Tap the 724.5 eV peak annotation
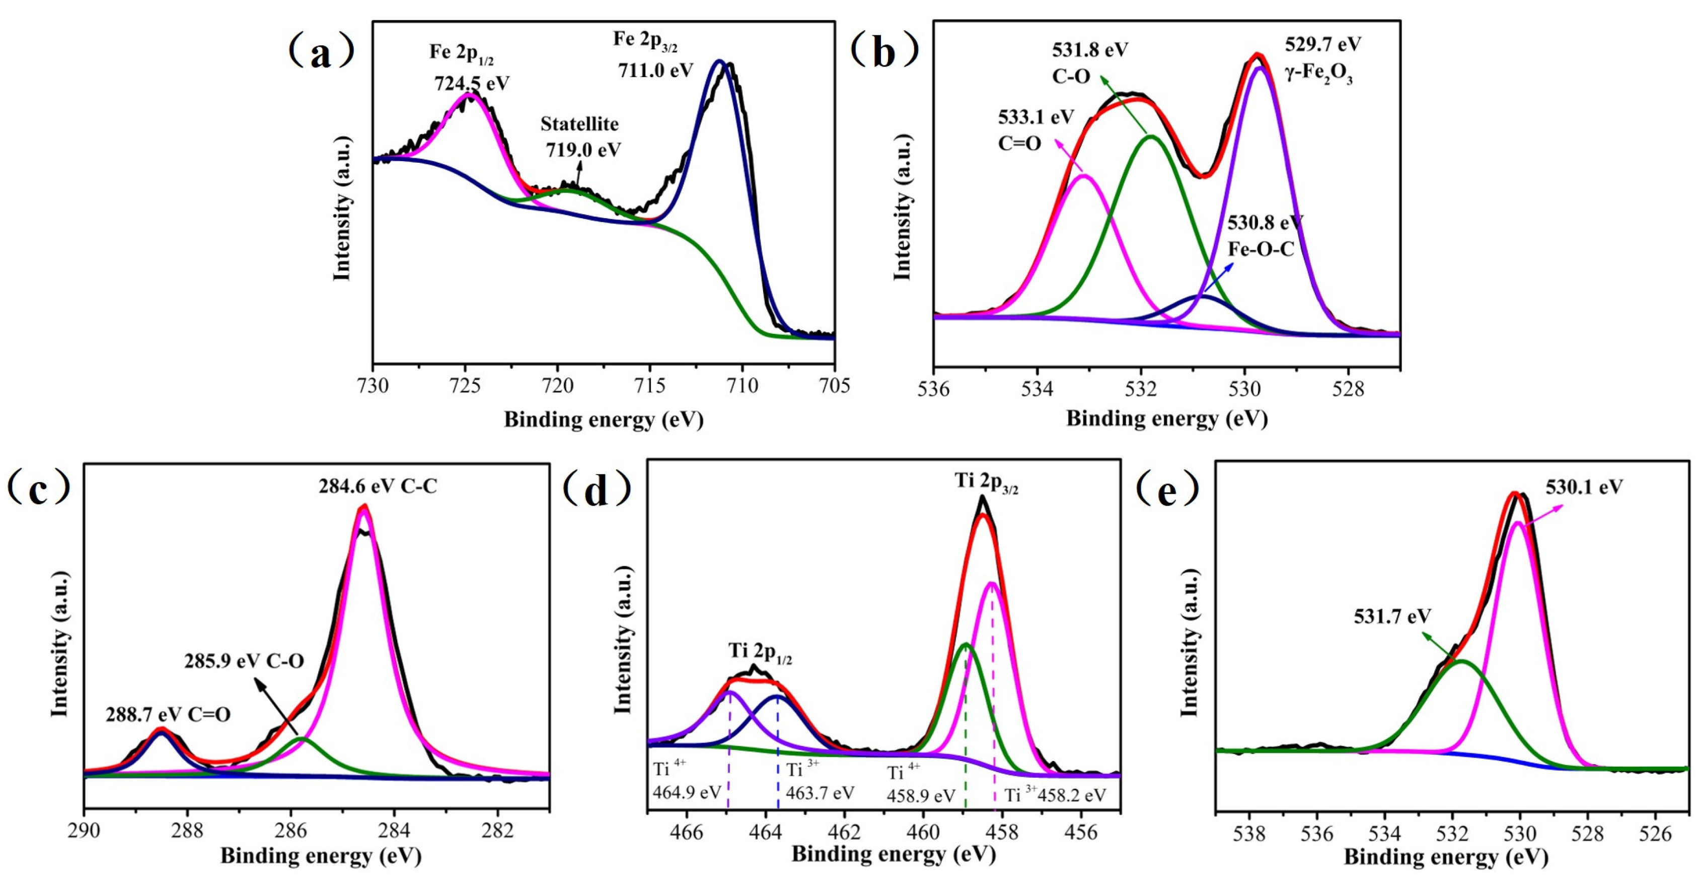coord(471,83)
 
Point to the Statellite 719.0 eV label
coord(580,137)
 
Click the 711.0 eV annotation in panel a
coord(655,70)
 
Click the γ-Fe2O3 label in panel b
coord(1318,76)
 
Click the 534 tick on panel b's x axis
coord(1037,388)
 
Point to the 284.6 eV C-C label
coord(378,487)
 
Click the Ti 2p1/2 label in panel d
coord(760,652)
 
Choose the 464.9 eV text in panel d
coord(686,792)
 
